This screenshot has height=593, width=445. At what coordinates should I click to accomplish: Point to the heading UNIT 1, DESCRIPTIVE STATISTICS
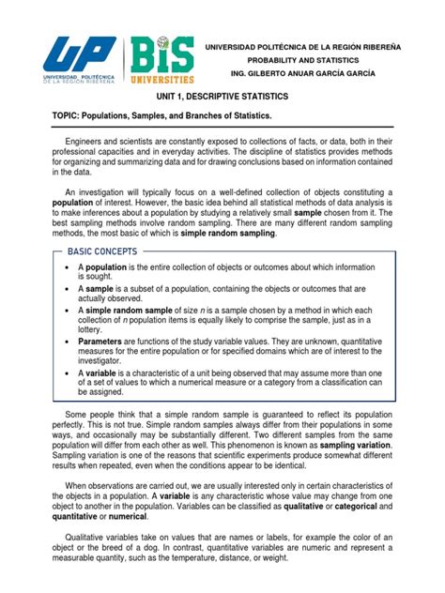222,97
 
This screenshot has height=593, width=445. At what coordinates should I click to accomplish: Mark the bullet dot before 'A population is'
67,267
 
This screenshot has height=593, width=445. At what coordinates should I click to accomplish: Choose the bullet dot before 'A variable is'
67,372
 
